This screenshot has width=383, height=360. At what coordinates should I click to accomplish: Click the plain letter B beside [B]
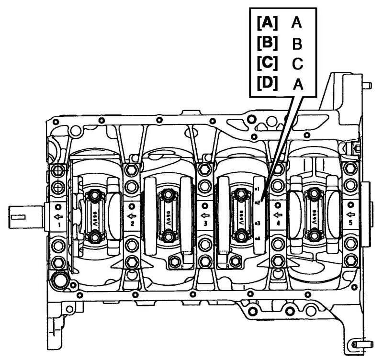point(297,44)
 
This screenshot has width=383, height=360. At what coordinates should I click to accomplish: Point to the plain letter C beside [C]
point(297,64)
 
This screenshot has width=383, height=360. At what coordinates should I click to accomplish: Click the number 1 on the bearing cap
point(59,224)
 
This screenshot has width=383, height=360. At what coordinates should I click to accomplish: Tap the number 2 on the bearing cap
point(131,224)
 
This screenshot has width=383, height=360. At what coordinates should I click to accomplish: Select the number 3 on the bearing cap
point(205,224)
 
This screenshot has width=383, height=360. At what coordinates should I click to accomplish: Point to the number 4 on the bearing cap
point(277,224)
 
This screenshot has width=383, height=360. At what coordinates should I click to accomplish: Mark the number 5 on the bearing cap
point(350,224)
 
